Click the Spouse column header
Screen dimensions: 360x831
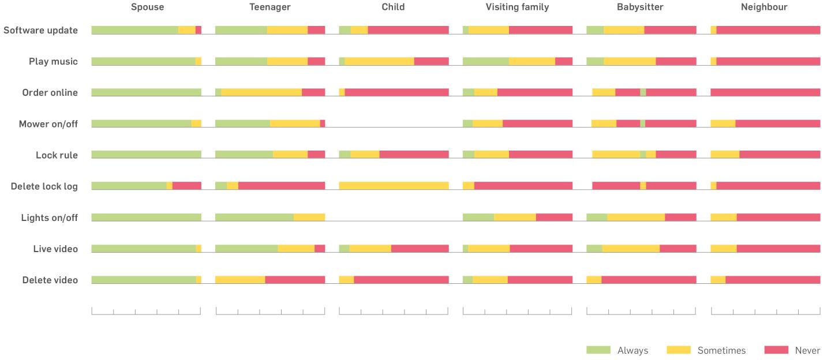point(147,7)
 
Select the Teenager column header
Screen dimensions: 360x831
point(269,7)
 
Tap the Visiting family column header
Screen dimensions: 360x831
point(517,7)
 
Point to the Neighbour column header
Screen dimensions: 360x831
point(764,7)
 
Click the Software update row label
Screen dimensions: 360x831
point(40,31)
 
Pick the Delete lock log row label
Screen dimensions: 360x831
point(44,186)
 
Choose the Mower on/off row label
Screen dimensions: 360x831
point(48,124)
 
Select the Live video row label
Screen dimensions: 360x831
point(55,249)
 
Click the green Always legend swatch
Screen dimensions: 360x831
point(598,350)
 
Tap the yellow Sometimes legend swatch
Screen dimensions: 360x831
point(678,350)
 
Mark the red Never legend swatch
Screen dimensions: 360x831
point(776,350)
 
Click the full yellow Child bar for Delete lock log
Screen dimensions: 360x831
point(394,186)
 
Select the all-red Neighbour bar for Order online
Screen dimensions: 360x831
point(765,92)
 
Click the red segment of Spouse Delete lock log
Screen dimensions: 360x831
point(186,186)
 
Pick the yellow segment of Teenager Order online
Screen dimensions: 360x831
point(261,92)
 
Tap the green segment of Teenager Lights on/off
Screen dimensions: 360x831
point(254,217)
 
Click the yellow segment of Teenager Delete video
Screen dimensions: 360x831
point(240,279)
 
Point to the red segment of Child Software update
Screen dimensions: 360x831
point(408,30)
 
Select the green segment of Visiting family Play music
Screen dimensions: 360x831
point(485,61)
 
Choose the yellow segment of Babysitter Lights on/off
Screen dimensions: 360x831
point(636,217)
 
